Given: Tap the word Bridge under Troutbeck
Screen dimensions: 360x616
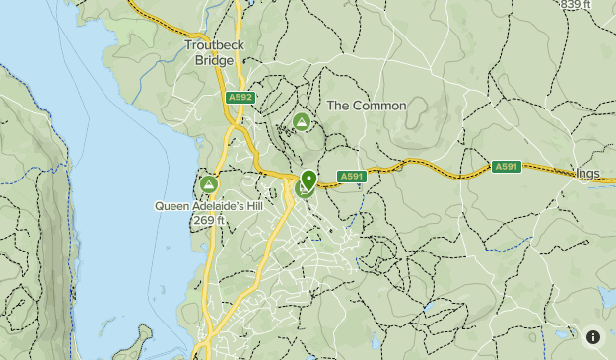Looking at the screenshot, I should click(214, 60).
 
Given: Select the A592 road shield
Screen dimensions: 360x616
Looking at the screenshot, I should click(240, 98).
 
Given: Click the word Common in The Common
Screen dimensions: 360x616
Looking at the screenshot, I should click(379, 106).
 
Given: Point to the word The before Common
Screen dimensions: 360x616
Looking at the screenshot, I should click(338, 106).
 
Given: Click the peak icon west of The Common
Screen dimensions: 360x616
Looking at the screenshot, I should click(302, 122).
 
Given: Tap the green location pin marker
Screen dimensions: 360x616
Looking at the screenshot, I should click(308, 180).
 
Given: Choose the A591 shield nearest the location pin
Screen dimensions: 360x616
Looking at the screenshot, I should click(352, 177).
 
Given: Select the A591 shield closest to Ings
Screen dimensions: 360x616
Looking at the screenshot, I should click(506, 167).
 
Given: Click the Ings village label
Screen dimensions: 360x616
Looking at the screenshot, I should click(587, 174).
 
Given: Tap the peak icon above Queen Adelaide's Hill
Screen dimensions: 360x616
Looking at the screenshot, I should click(208, 184).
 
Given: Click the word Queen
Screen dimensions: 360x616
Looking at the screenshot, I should click(171, 206).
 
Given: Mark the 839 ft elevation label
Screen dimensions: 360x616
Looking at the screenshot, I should click(575, 5).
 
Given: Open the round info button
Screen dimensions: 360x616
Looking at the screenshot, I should click(592, 336).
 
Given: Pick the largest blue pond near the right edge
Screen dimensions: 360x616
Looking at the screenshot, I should click(604, 296).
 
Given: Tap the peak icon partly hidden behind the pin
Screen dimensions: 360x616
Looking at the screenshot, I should click(303, 188).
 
